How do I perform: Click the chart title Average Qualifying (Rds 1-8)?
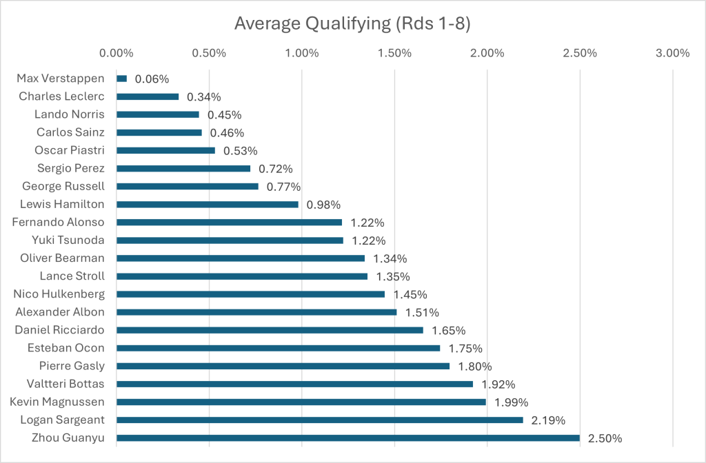click(352, 23)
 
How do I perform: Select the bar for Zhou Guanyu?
click(348, 438)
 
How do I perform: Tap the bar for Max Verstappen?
click(122, 79)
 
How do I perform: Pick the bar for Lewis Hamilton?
click(208, 205)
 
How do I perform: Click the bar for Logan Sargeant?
click(320, 420)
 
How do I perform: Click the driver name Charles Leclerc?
click(61, 97)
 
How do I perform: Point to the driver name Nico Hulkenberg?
click(59, 294)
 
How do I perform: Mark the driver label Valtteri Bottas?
click(65, 384)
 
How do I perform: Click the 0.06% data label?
click(152, 79)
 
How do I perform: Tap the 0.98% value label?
click(323, 205)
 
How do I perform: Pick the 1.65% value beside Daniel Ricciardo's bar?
click(449, 330)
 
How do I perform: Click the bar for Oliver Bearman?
click(241, 258)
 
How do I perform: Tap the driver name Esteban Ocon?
click(66, 348)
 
